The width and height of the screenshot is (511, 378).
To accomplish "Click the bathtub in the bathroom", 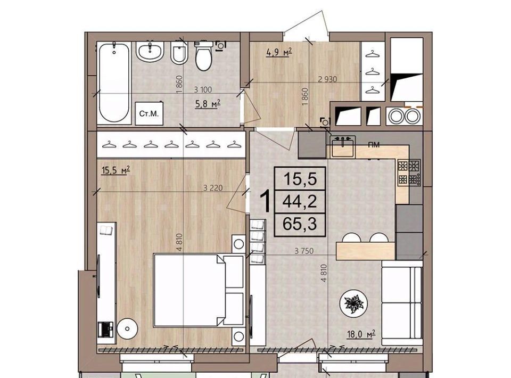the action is (x=114, y=83).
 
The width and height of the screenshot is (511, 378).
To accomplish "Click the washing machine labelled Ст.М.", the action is (x=149, y=113).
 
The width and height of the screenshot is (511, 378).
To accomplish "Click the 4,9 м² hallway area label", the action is (x=278, y=52).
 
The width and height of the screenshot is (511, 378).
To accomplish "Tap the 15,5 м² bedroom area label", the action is (x=116, y=170).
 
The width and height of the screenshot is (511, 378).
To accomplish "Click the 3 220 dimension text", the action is (x=213, y=188).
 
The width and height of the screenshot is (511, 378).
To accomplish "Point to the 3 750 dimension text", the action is (x=304, y=251).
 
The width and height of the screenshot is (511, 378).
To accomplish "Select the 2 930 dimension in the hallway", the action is (x=327, y=79).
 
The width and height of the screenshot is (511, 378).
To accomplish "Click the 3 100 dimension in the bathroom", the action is (x=203, y=89).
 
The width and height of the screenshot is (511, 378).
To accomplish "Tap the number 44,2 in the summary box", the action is (x=300, y=202).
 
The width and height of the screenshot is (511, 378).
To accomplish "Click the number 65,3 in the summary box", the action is (x=300, y=224).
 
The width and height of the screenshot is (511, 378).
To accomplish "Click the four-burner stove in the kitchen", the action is (x=409, y=172).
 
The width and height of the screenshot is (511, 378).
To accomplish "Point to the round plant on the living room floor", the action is (x=353, y=303).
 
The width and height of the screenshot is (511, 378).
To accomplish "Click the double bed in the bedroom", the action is (x=199, y=290).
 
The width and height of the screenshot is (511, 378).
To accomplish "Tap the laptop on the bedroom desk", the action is (x=105, y=330).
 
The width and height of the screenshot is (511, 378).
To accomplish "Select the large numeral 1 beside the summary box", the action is (x=266, y=202).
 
